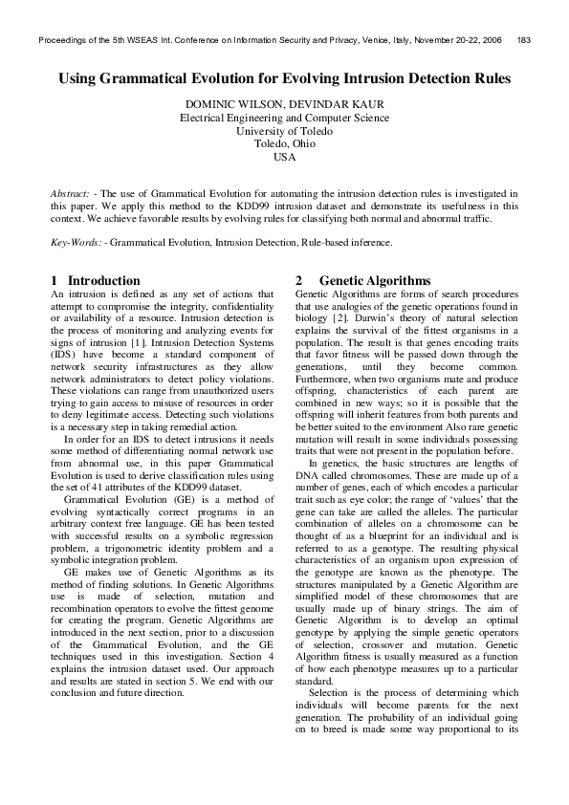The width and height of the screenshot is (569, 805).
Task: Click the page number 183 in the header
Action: [524, 39]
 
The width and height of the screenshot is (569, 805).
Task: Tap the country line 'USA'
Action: [284, 157]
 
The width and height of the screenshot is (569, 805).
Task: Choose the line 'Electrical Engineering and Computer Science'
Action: [284, 118]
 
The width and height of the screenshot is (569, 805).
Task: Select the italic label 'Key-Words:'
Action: [77, 243]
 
